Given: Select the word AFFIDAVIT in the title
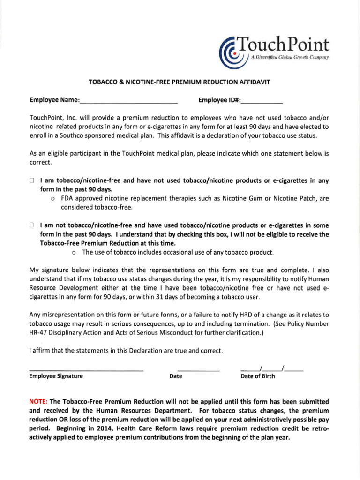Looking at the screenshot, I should [x=254, y=82].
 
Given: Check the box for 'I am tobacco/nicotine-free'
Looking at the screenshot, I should [x=32, y=180].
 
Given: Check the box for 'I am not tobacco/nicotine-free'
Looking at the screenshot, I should [x=32, y=226].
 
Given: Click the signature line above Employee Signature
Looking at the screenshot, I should [x=86, y=370].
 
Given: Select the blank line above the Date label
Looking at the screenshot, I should [x=198, y=370].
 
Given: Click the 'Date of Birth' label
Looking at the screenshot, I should [x=258, y=376].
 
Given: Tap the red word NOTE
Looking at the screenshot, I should [x=37, y=402].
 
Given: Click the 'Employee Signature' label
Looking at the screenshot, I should [x=56, y=376].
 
